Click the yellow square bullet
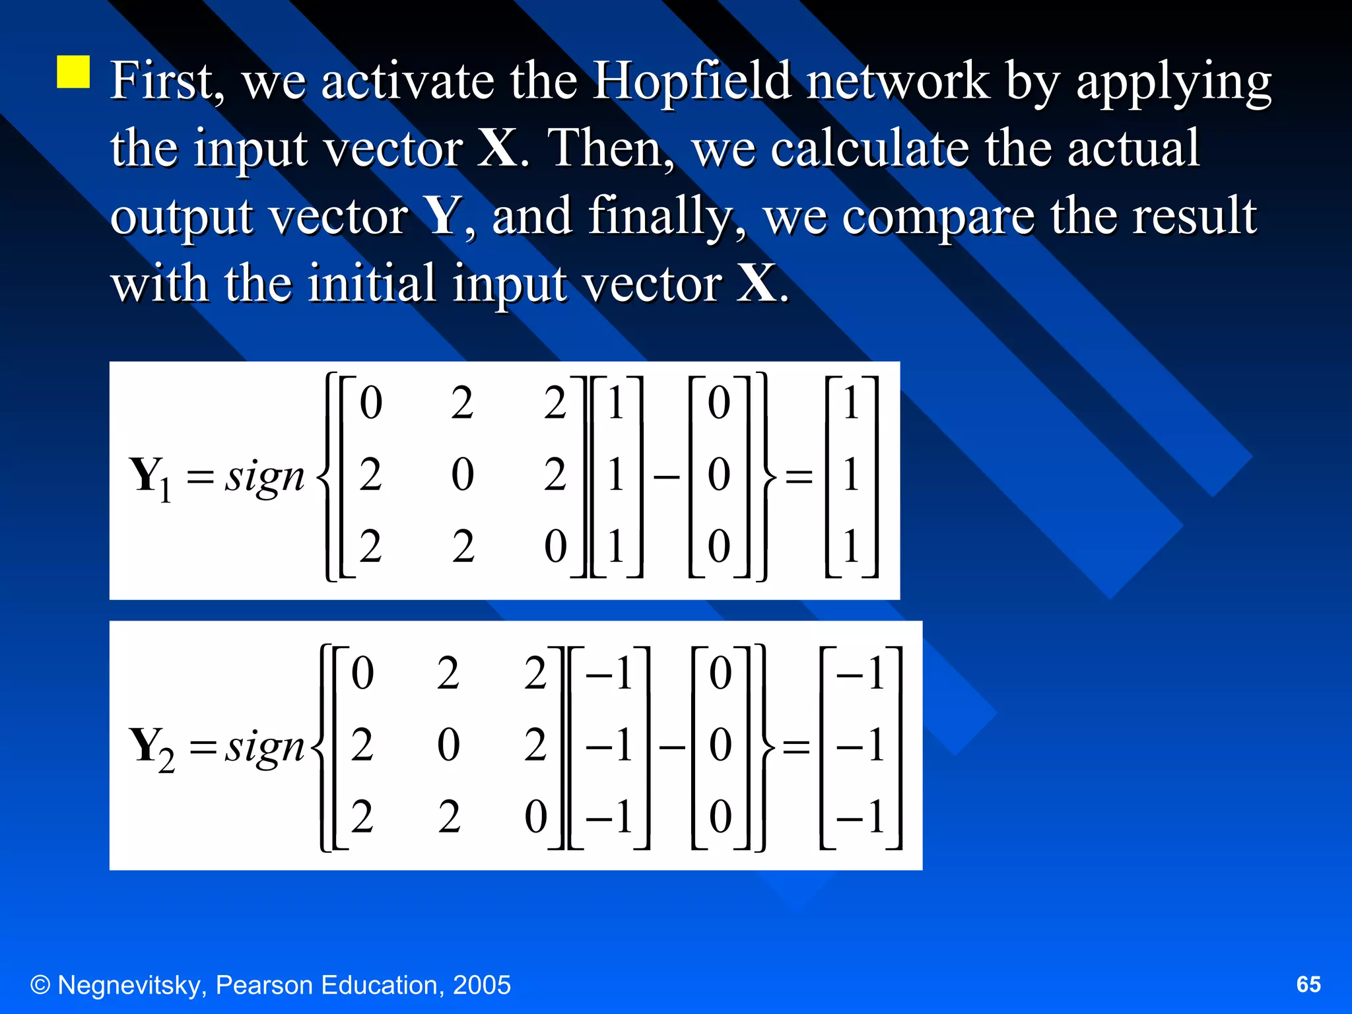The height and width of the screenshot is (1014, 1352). (x=73, y=72)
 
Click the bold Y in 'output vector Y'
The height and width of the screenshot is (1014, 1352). (x=442, y=215)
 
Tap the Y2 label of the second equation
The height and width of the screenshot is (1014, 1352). (x=152, y=748)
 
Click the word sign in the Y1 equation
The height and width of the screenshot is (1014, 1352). (x=264, y=477)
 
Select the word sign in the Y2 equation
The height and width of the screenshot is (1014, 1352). (x=264, y=747)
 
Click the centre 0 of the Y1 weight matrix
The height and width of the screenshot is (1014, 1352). (x=463, y=475)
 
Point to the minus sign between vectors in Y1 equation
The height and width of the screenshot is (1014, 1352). (x=666, y=476)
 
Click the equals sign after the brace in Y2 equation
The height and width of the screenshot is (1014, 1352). (x=796, y=747)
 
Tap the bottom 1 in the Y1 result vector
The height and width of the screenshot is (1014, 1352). (x=851, y=547)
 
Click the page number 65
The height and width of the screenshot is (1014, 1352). (x=1308, y=984)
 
